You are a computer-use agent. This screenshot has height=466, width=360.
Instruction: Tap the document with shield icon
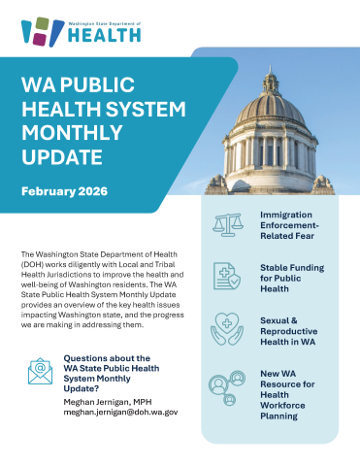coord(229,276)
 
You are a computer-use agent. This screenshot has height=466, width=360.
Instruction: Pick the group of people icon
coord(229,387)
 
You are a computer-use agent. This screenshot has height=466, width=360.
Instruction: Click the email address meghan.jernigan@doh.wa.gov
coord(120,412)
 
